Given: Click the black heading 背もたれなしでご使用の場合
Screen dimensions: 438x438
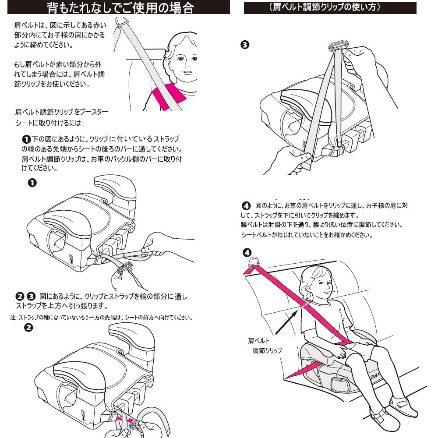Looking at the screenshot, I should (119, 7).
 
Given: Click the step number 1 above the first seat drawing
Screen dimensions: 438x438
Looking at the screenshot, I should (32, 182).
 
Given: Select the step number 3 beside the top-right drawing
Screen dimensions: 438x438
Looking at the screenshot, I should (245, 45).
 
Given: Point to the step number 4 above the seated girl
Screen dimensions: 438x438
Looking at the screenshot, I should (247, 253).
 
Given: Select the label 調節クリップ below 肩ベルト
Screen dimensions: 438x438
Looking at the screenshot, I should (267, 350).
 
